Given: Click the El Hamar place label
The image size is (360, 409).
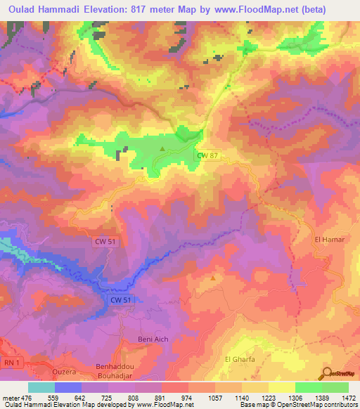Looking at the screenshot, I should click(x=328, y=240).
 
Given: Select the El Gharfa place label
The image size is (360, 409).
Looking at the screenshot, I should click(x=238, y=360).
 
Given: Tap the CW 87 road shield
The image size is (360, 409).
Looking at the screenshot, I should click(x=205, y=155).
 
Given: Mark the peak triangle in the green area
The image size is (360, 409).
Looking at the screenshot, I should click(x=163, y=148).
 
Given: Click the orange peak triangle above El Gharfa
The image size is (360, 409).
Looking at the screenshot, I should click(x=213, y=278).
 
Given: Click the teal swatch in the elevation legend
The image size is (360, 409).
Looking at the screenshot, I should click(x=41, y=387).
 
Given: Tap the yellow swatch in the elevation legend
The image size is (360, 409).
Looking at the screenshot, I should click(x=282, y=387).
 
